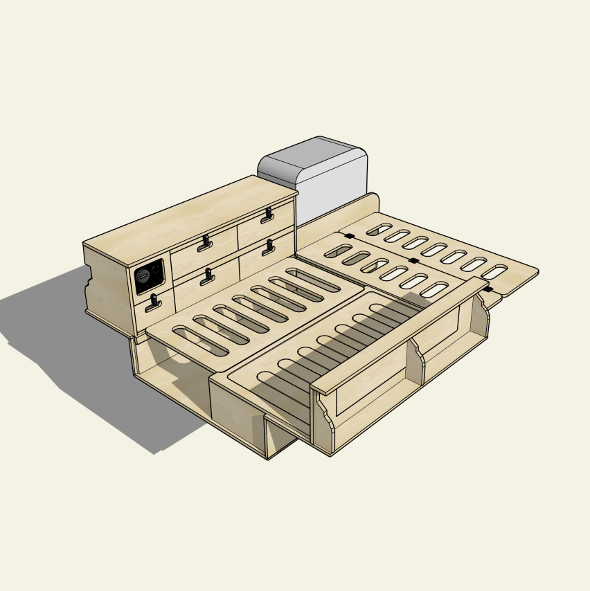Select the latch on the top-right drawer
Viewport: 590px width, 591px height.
point(267,216)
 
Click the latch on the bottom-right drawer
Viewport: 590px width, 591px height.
point(268,247)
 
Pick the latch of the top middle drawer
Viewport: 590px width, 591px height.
point(205,243)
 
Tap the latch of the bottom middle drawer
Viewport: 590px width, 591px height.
point(207,277)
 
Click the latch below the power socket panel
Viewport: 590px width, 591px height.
point(153,302)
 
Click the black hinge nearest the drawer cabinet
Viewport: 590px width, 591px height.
point(349,237)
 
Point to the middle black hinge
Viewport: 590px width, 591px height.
point(413,261)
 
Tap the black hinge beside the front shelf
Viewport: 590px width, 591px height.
point(489,289)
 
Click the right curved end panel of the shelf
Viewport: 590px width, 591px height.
point(479,318)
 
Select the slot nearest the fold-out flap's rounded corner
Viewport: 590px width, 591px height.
point(494,272)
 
